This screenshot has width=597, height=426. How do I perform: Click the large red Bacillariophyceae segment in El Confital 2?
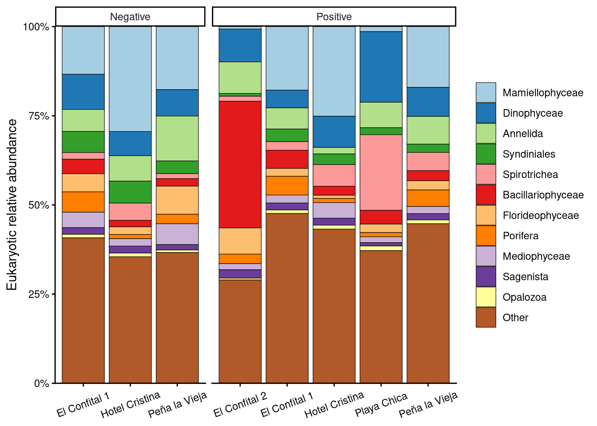tap(240, 164)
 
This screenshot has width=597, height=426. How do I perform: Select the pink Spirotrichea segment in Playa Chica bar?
tap(381, 172)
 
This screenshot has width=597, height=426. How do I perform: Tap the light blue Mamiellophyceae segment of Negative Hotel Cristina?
tap(130, 79)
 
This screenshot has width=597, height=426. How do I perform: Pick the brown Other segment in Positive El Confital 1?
tap(287, 297)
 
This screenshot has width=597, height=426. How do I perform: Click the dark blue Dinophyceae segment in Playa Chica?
tap(381, 67)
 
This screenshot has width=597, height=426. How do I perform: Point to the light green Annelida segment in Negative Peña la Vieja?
tap(177, 138)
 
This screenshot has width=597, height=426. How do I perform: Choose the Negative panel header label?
tap(130, 17)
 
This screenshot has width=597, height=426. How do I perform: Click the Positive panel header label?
tap(334, 17)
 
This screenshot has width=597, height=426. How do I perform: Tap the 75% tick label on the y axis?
tap(38, 116)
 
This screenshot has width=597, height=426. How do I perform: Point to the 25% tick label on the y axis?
tap(38, 294)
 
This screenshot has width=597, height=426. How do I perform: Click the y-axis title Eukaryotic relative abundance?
tap(12, 205)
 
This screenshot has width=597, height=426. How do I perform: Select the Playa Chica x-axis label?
tap(381, 405)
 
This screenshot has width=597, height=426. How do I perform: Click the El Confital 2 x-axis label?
tap(240, 405)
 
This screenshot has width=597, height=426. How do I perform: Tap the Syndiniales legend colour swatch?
tap(486, 154)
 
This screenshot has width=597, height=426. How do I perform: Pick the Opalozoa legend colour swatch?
tap(486, 297)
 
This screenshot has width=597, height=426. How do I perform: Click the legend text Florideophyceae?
tap(541, 216)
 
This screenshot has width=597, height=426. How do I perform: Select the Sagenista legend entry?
tap(525, 277)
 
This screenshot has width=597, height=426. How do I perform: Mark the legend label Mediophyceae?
tap(536, 256)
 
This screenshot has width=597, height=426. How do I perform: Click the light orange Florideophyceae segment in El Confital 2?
tap(240, 241)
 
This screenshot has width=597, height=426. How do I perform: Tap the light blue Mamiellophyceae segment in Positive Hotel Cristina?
tap(334, 71)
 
